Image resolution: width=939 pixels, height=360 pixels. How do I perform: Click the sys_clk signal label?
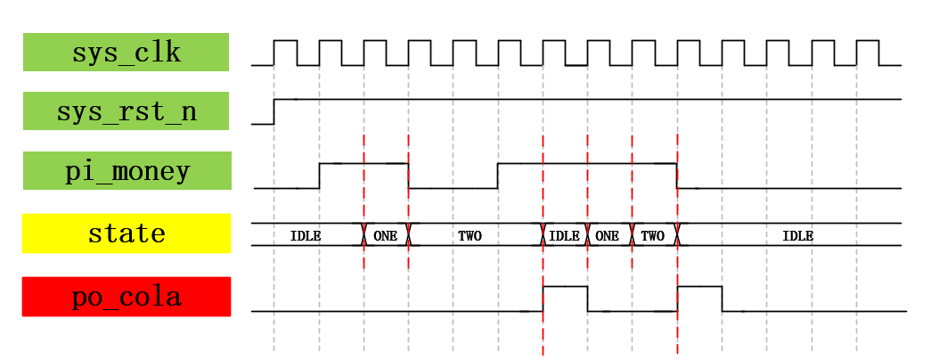coord(126,52)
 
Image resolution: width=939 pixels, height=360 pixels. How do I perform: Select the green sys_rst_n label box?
coord(126,111)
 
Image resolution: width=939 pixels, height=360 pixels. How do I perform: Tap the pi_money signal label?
coord(127,170)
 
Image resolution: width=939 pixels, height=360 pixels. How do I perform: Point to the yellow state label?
coord(127,233)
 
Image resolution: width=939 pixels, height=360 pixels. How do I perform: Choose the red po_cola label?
coord(127,297)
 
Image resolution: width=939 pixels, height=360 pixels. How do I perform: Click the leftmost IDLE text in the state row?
coord(306,236)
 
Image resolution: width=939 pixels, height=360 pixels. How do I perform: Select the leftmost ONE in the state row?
coord(386,236)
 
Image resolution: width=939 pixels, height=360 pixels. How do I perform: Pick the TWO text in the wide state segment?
coord(469,236)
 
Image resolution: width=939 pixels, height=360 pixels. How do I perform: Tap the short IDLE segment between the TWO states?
coord(565,236)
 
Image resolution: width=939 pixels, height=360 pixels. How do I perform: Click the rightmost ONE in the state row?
coord(608,236)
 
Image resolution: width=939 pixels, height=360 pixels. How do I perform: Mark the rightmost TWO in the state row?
coord(653,236)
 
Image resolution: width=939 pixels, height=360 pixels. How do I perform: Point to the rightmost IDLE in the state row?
coord(797,236)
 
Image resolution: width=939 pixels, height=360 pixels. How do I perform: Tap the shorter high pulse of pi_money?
coord(363,164)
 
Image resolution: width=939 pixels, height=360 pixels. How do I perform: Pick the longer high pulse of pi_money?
coord(587,164)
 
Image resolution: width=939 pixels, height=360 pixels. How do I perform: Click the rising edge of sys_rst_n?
coord(274,111)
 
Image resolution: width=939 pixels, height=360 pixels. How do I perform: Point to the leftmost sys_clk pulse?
coord(285,41)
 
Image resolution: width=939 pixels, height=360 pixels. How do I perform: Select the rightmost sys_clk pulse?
coord(868,41)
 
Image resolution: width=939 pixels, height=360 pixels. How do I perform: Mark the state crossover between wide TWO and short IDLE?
coord(543,234)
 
